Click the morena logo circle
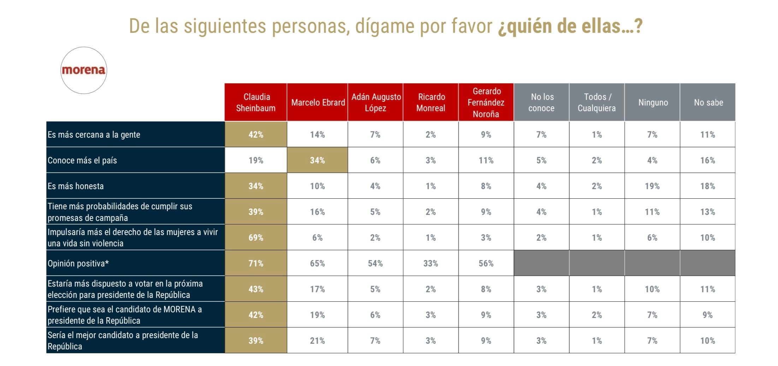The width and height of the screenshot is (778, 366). click(x=84, y=70)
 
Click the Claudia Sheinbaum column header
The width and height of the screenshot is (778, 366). click(x=256, y=102)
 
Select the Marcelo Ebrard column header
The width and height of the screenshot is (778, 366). click(x=317, y=102)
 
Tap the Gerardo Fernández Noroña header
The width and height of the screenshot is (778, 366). click(x=486, y=102)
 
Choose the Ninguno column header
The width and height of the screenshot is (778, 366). click(x=653, y=102)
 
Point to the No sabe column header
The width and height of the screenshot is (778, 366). click(x=708, y=102)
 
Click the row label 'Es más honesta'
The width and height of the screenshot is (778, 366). click(x=76, y=186)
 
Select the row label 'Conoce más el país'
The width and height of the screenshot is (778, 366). click(x=82, y=160)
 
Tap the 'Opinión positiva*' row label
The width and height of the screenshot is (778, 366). click(x=78, y=263)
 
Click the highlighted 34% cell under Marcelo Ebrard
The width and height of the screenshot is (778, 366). click(x=317, y=160)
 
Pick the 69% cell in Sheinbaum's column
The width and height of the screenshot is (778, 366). click(x=256, y=238)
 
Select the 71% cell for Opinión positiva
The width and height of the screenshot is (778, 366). click(x=256, y=263)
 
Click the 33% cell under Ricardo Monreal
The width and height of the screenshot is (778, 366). click(x=430, y=263)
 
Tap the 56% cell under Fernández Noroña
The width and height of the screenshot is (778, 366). click(x=486, y=263)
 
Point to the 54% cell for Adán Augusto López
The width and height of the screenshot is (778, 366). click(x=375, y=263)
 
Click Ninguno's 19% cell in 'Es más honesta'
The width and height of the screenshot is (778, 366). click(x=652, y=186)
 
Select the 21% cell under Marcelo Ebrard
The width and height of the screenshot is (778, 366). click(x=317, y=341)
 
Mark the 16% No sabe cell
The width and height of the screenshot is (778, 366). click(x=707, y=160)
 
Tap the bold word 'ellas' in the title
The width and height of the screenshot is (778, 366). click(x=598, y=26)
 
